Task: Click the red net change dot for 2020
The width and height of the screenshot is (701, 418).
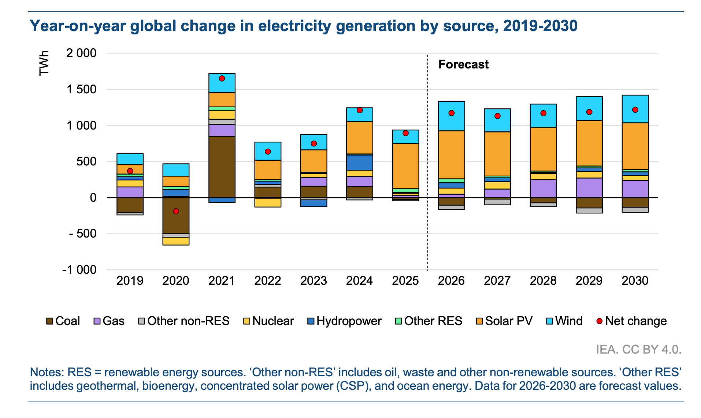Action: pos(176,211)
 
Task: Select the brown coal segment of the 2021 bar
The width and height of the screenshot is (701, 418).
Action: pos(222,167)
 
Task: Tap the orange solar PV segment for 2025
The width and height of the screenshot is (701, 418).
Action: pos(405,166)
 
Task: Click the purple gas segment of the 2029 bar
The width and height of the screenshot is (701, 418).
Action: pos(589,187)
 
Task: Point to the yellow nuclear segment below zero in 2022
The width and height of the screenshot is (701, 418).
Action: pos(268,202)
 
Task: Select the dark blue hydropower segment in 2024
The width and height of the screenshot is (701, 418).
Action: pos(359,163)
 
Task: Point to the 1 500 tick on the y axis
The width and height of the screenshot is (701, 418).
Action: pos(81,89)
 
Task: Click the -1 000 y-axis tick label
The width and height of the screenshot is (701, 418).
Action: pos(79,270)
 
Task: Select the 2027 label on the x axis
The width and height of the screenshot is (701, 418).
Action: pos(497,281)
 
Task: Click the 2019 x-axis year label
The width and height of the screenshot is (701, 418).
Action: pos(130,281)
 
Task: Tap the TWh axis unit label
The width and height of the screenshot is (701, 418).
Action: pos(44,63)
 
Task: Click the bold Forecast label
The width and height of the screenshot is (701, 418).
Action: pos(463,64)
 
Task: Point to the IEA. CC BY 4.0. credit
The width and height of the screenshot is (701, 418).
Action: pos(638,350)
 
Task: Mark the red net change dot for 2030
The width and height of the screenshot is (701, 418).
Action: pos(635,110)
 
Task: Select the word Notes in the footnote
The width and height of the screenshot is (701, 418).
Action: pos(47,372)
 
